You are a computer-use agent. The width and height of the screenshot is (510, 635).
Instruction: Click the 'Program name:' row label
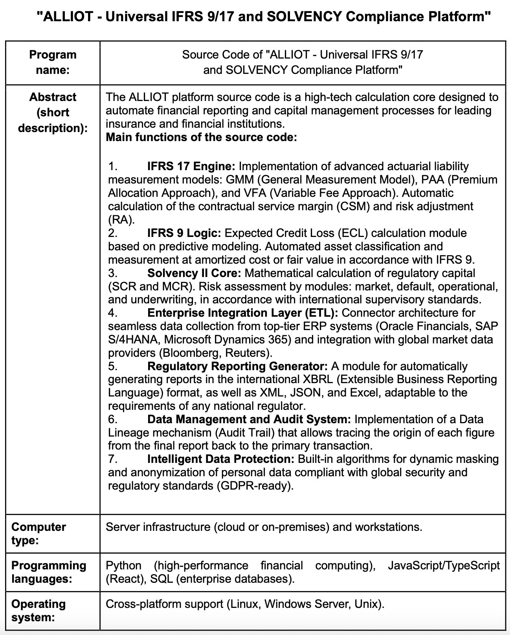pyautogui.click(x=53, y=62)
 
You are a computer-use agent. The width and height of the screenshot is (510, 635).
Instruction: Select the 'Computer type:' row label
pyautogui.click(x=39, y=533)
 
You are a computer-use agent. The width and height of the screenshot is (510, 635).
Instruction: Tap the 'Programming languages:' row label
pyautogui.click(x=49, y=572)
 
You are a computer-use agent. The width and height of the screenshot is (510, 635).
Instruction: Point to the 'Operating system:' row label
pyautogui.click(x=39, y=610)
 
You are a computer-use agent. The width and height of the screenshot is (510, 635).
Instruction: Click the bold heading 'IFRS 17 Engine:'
pyautogui.click(x=191, y=166)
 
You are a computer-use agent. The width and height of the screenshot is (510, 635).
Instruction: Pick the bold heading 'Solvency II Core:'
pyautogui.click(x=194, y=273)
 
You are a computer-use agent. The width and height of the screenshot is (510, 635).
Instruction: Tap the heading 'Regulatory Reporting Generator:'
pyautogui.click(x=237, y=366)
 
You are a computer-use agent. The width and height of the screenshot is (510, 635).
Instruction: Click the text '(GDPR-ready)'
pyautogui.click(x=255, y=486)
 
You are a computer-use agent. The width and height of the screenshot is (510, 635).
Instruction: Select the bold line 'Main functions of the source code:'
pyautogui.click(x=202, y=137)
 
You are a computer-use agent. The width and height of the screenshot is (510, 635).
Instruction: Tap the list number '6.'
pyautogui.click(x=113, y=419)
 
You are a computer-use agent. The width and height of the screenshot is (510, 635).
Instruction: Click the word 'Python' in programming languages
pyautogui.click(x=123, y=565)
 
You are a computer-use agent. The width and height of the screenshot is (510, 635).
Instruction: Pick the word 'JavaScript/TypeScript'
pyautogui.click(x=444, y=565)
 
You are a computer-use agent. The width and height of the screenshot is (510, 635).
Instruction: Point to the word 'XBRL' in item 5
pyautogui.click(x=317, y=380)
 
